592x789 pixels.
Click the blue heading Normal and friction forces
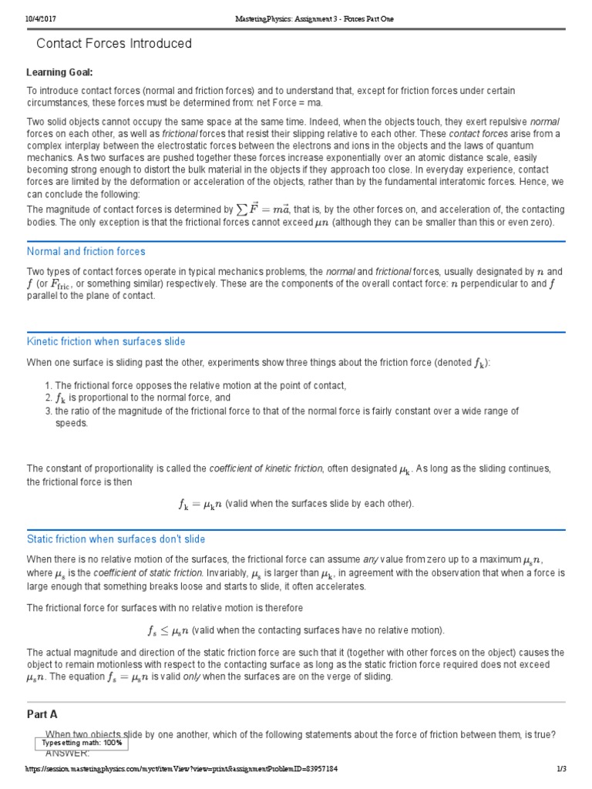pos(86,251)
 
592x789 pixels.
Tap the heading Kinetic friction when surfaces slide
pos(106,341)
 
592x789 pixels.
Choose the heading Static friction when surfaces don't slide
pos(116,539)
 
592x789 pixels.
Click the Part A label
pos(42,714)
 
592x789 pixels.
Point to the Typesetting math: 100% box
pos(82,743)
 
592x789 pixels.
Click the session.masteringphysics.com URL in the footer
pos(181,769)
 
